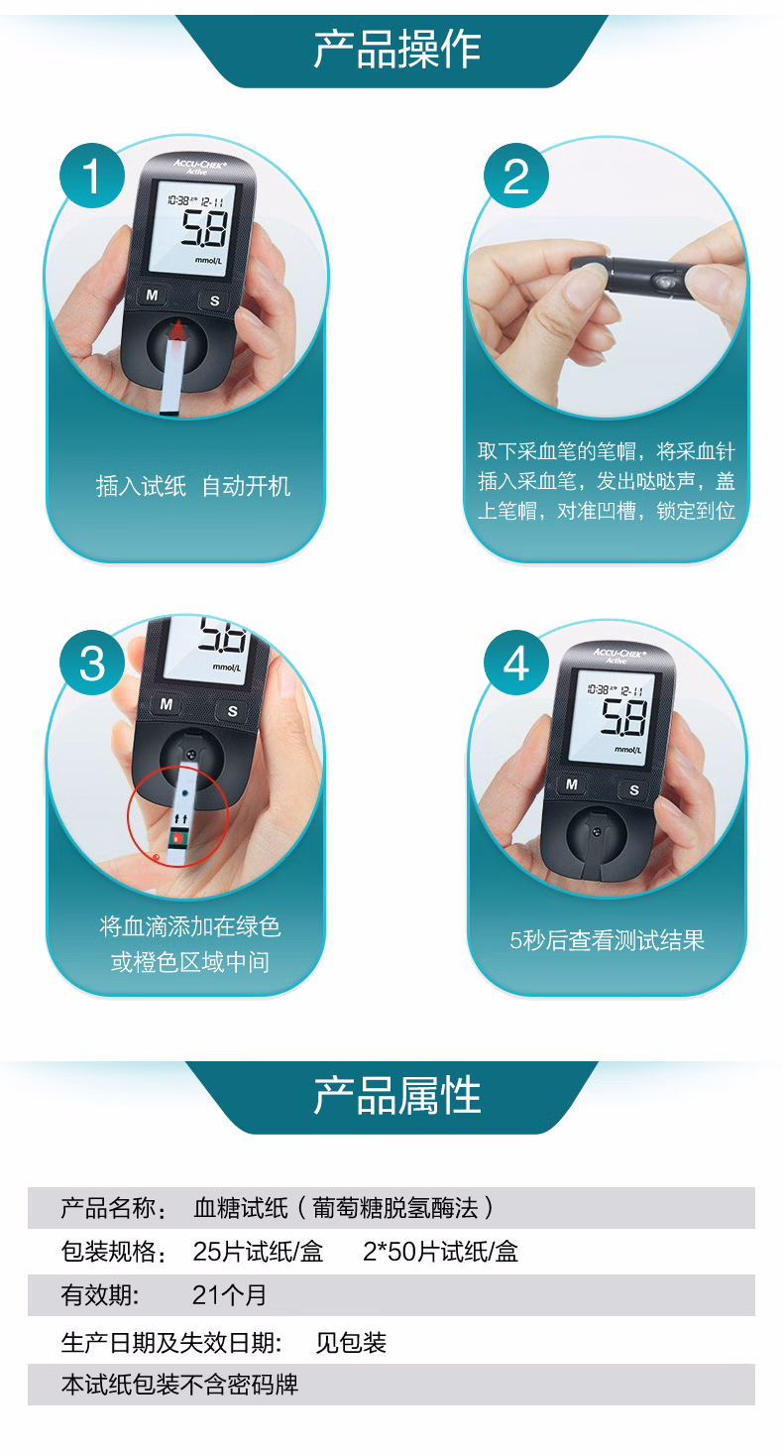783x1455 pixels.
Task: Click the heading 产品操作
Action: [x=396, y=50]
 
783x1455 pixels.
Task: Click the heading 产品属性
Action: [x=396, y=1095]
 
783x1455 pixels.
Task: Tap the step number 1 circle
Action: [x=91, y=176]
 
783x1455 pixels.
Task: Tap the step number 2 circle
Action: [x=516, y=176]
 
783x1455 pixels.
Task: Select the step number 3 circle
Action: [x=91, y=663]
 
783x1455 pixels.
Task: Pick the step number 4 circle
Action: [x=516, y=663]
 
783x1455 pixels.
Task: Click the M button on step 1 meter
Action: [x=152, y=295]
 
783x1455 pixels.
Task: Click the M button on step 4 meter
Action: [x=571, y=784]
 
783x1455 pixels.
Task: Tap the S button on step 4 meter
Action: [x=633, y=789]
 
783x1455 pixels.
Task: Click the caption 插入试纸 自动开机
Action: [x=193, y=486]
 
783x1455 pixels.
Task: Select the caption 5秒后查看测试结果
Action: [x=607, y=940]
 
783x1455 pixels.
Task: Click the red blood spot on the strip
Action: [x=178, y=838]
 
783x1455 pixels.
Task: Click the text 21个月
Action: [x=229, y=1295]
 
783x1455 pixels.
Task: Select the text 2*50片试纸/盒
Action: [x=440, y=1252]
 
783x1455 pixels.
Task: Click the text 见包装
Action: [x=351, y=1343]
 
